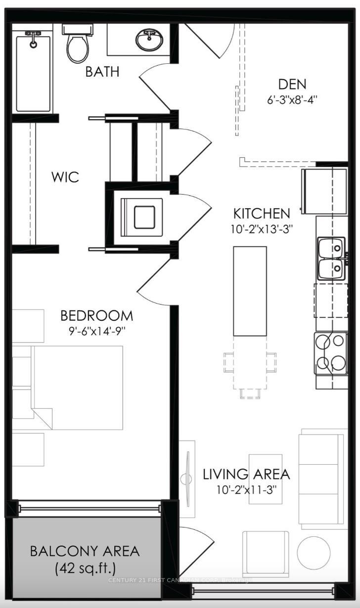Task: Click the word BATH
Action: pyautogui.click(x=102, y=72)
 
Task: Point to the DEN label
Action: pyautogui.click(x=292, y=84)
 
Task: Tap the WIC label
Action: pyautogui.click(x=65, y=177)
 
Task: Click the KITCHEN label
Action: pyautogui.click(x=262, y=214)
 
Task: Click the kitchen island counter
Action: pyautogui.click(x=250, y=292)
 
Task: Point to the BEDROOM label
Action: pyautogui.click(x=96, y=315)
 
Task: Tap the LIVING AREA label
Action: pyautogui.click(x=246, y=475)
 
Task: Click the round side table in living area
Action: pyautogui.click(x=314, y=552)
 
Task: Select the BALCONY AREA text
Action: pyautogui.click(x=85, y=551)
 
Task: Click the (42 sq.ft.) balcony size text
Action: pyautogui.click(x=85, y=568)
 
